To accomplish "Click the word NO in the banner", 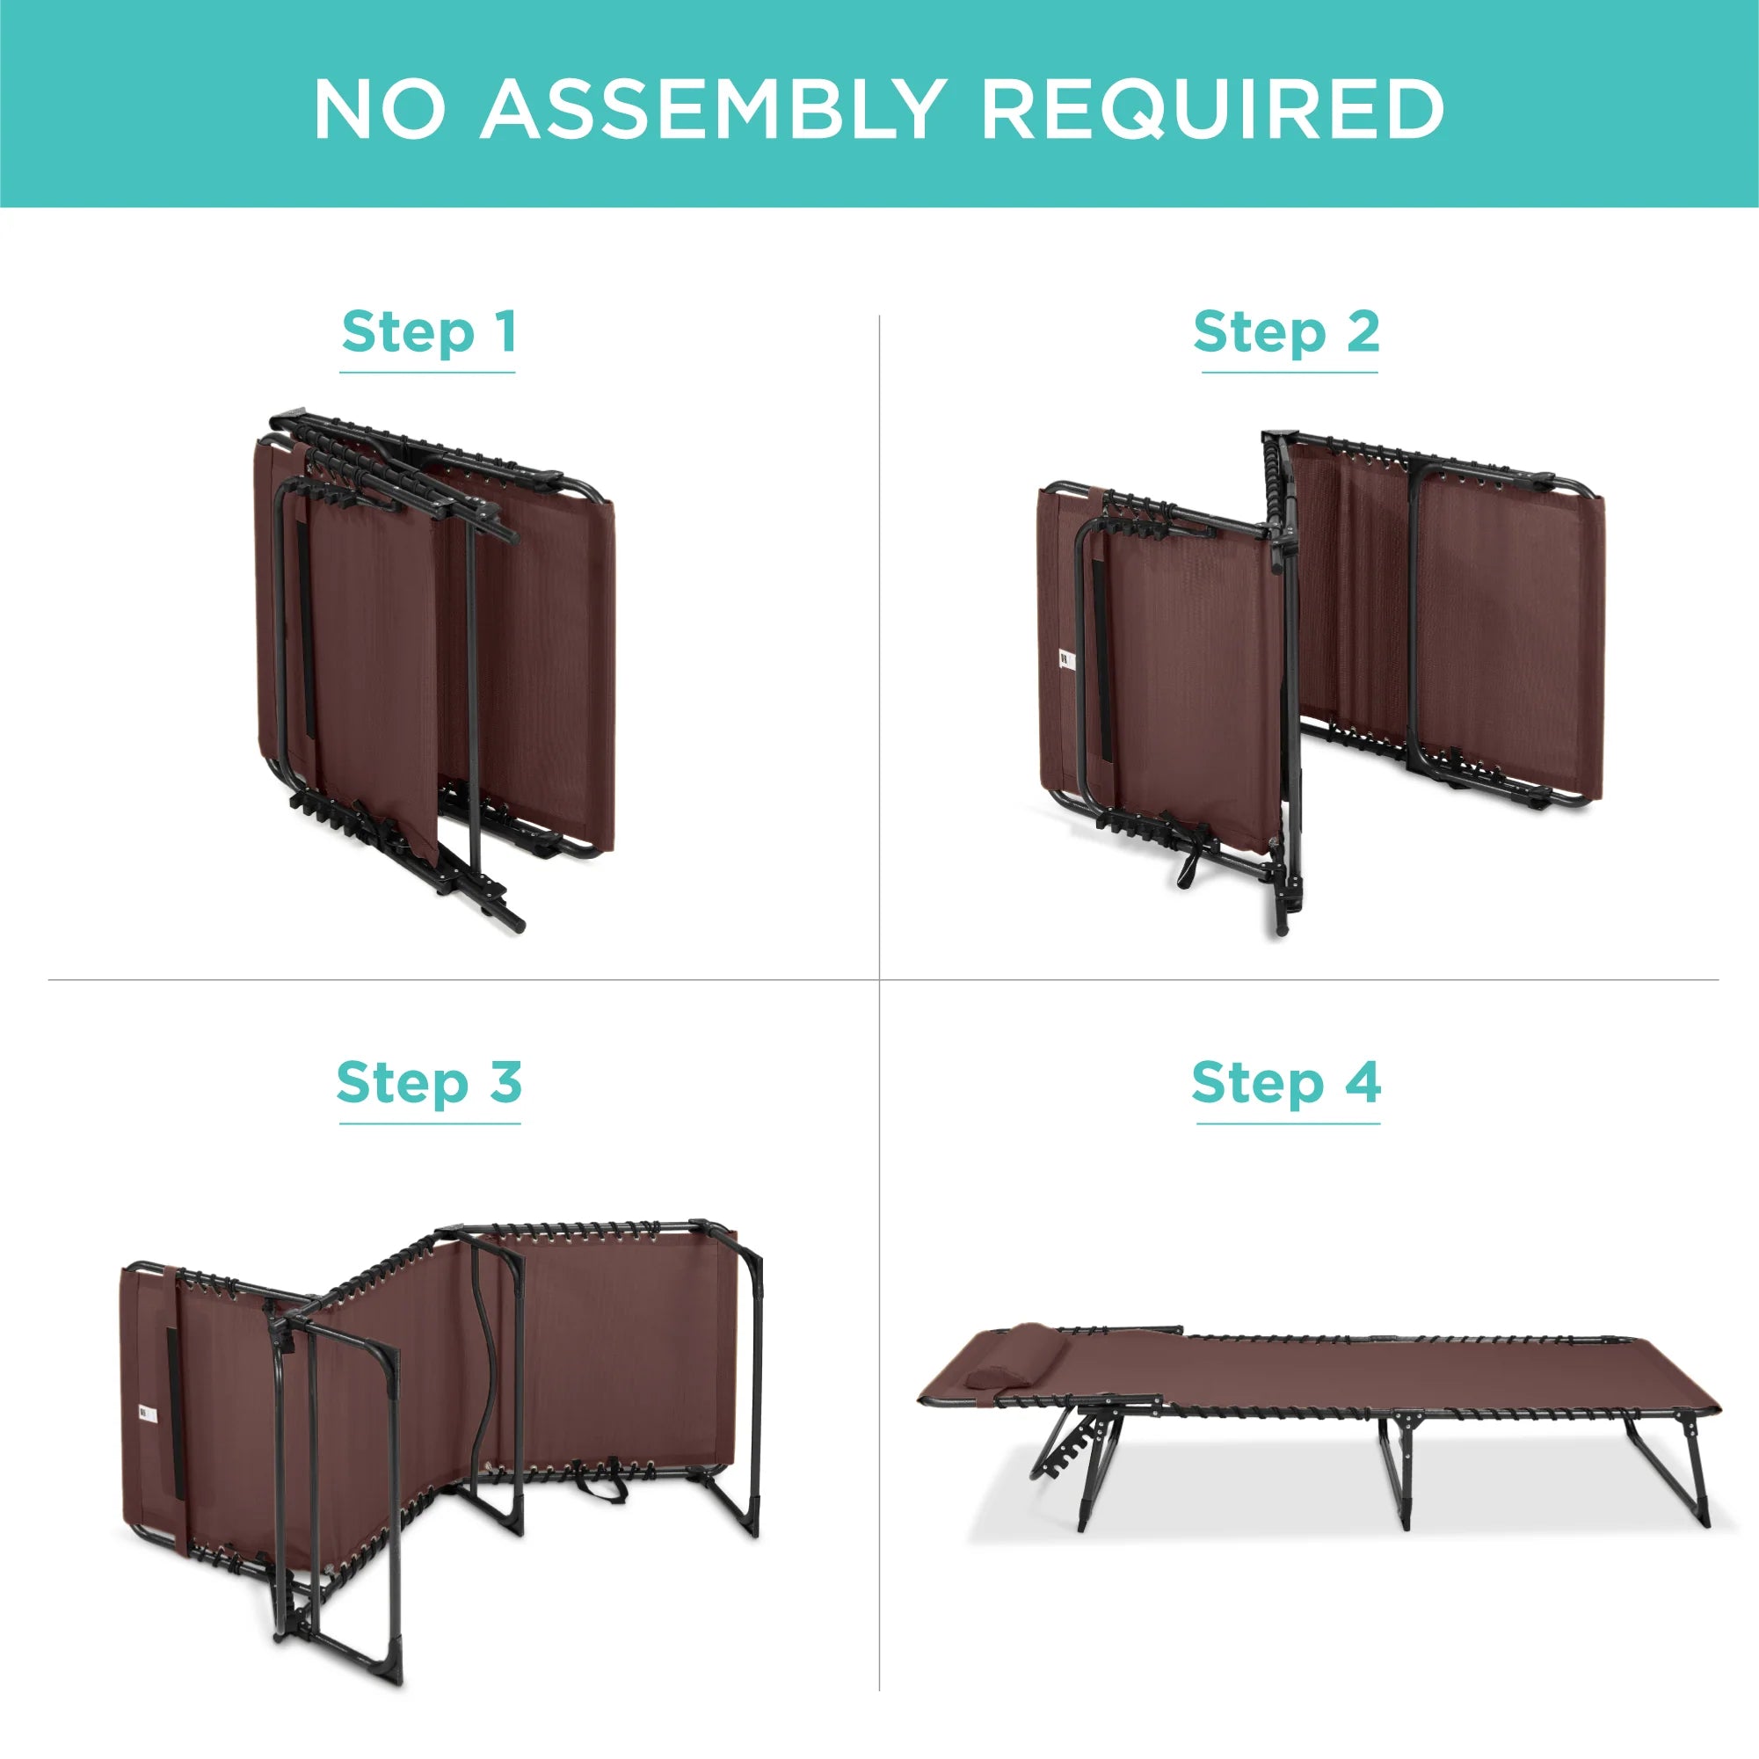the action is pyautogui.click(x=381, y=109).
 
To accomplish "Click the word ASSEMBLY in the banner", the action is pyautogui.click(x=713, y=109).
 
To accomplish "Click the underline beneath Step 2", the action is pyautogui.click(x=1290, y=373).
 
